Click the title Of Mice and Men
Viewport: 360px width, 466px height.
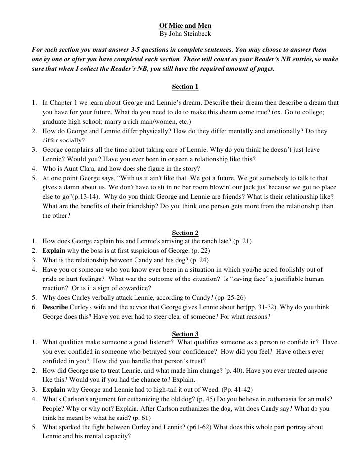point(185,26)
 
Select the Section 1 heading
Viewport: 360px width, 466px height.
point(185,87)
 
